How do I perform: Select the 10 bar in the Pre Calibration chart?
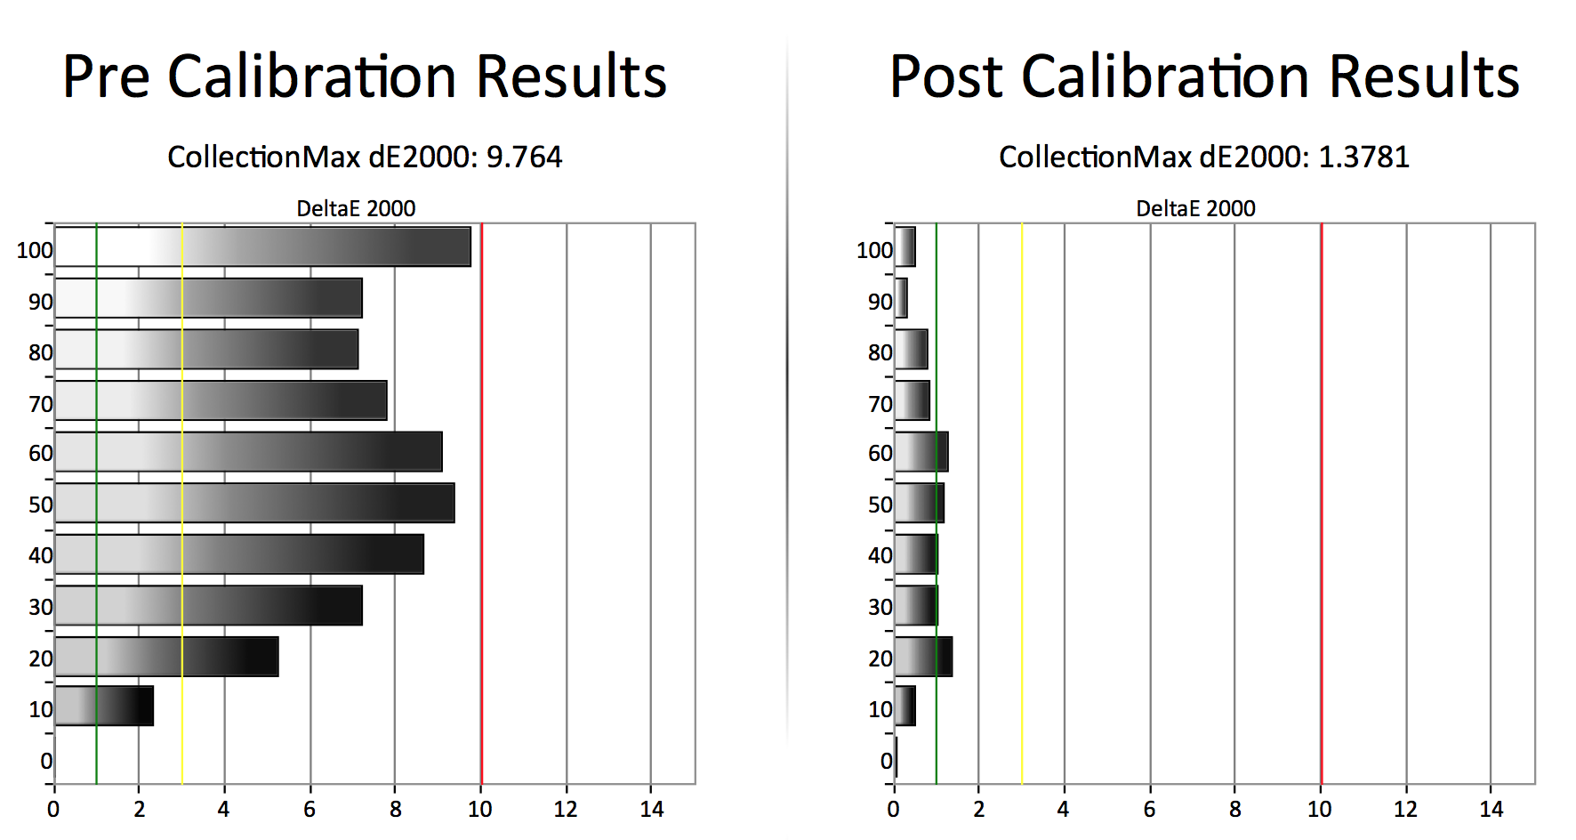point(104,706)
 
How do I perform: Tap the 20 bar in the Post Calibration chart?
point(923,657)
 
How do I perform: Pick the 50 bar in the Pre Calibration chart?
point(254,503)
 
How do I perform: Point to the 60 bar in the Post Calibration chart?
point(921,452)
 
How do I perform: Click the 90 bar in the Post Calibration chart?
point(901,298)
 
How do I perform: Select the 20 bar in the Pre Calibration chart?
point(166,657)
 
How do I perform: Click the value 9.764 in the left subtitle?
point(524,157)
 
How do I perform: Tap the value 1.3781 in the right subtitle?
point(1363,157)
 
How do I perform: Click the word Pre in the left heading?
point(106,77)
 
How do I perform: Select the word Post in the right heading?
point(945,77)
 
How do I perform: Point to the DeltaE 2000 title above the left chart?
point(356,208)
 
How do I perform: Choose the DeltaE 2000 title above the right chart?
point(1195,208)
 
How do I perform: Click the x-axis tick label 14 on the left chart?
point(652,809)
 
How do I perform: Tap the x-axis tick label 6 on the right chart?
point(1149,809)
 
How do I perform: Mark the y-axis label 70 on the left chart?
point(41,404)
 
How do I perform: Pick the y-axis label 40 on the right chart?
point(880,555)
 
